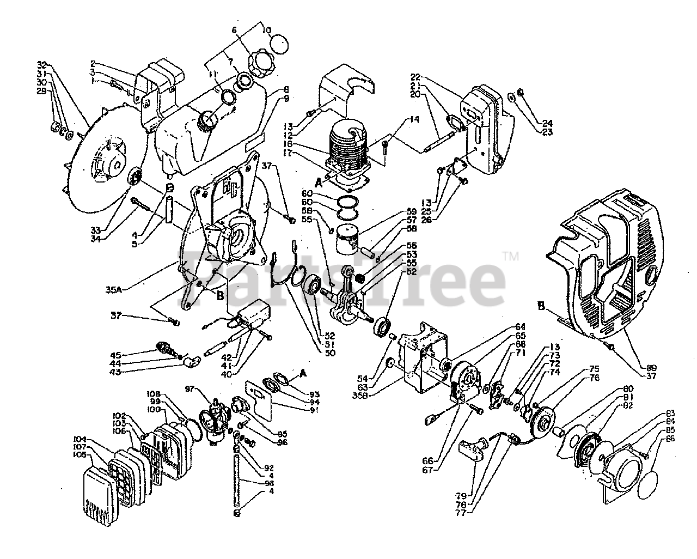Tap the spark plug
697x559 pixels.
point(163,347)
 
